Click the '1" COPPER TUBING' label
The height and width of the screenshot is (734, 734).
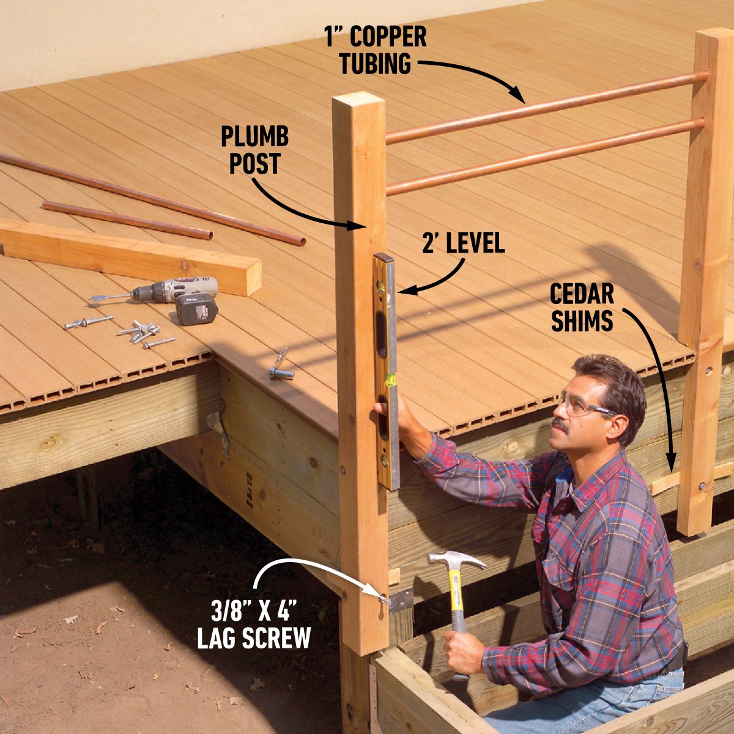tap(375, 50)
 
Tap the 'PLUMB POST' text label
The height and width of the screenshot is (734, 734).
tap(255, 150)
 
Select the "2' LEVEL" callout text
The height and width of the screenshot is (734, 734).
tap(463, 243)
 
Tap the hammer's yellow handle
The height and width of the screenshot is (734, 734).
tap(457, 606)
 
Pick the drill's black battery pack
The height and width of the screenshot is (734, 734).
tap(197, 308)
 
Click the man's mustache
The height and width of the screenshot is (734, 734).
tap(561, 424)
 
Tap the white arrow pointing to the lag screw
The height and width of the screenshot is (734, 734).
tap(306, 566)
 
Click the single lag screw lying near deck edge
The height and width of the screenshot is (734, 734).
tap(280, 366)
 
